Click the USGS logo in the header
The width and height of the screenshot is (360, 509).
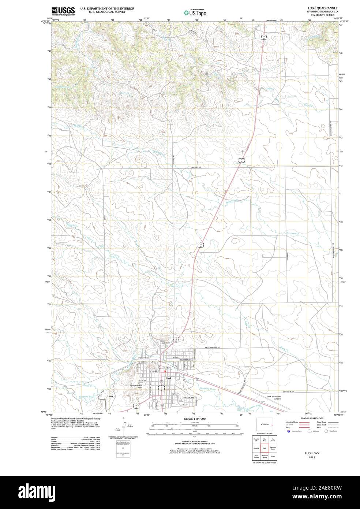tap(63, 11)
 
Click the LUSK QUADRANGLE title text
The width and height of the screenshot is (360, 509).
tap(320, 8)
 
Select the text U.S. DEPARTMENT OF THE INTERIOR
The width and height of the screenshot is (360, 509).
tap(107, 8)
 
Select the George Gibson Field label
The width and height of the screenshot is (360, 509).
tap(139, 386)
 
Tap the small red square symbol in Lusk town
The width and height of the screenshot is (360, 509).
tap(165, 371)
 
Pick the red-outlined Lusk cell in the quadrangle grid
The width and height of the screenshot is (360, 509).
tap(265, 448)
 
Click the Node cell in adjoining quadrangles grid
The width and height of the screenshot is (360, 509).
tap(273, 456)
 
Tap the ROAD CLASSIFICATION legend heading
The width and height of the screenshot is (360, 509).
tap(312, 418)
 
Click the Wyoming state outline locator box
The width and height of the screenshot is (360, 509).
tap(265, 424)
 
